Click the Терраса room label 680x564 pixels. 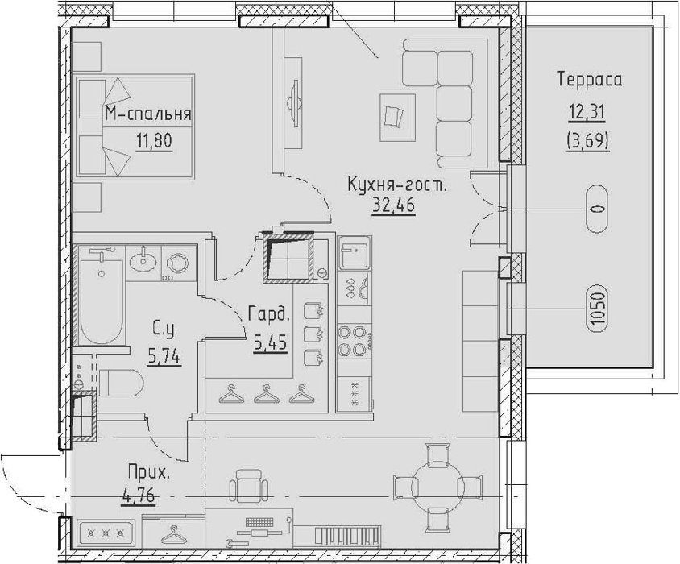point(590,81)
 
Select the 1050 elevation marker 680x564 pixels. point(597,309)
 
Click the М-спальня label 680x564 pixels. point(148,114)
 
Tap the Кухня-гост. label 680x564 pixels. point(397,186)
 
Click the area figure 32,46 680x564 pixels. point(393,205)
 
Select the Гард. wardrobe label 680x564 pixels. point(268,313)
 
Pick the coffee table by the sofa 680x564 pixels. point(397,117)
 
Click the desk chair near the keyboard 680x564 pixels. point(247,487)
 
